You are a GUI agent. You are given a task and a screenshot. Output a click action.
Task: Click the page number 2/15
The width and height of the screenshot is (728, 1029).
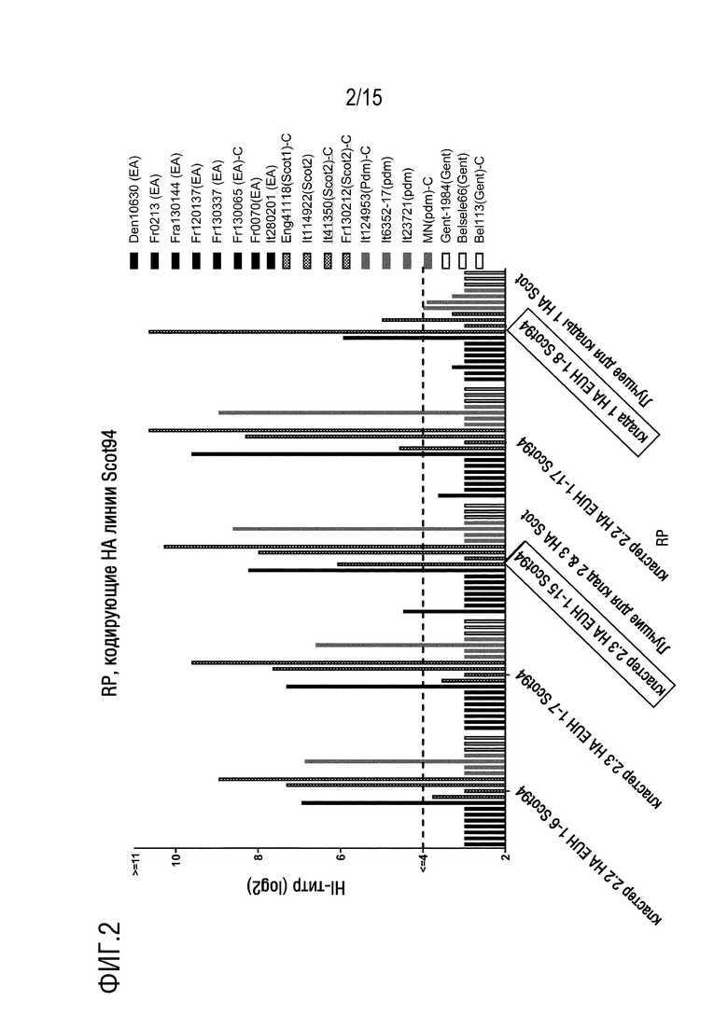pos(364,98)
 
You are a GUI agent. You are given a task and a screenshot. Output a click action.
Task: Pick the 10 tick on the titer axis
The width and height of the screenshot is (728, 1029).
pos(175,862)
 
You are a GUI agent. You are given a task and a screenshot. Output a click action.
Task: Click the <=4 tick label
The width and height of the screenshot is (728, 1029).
pos(423,865)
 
